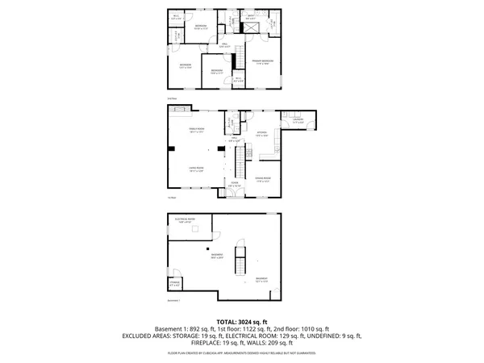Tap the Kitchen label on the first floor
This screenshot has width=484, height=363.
point(261,134)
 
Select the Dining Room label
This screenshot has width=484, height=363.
point(262,178)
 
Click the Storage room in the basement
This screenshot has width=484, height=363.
point(174,284)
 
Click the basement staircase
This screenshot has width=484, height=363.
point(238,263)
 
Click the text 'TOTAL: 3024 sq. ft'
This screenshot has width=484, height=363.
point(241,321)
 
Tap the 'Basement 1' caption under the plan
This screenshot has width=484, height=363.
point(173,299)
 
